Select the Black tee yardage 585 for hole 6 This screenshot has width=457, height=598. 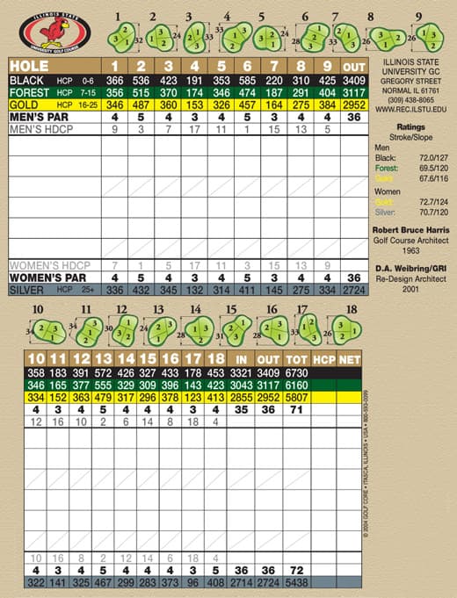point(247,80)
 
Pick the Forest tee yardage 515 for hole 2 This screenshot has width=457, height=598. point(140,92)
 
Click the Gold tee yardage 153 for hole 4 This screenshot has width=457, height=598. point(194,104)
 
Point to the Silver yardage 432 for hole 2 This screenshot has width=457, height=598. point(140,289)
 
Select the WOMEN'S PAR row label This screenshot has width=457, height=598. point(46,277)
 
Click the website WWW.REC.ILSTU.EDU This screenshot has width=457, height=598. point(410,111)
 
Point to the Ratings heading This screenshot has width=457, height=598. point(410,126)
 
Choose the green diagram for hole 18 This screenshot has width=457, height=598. point(352,331)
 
